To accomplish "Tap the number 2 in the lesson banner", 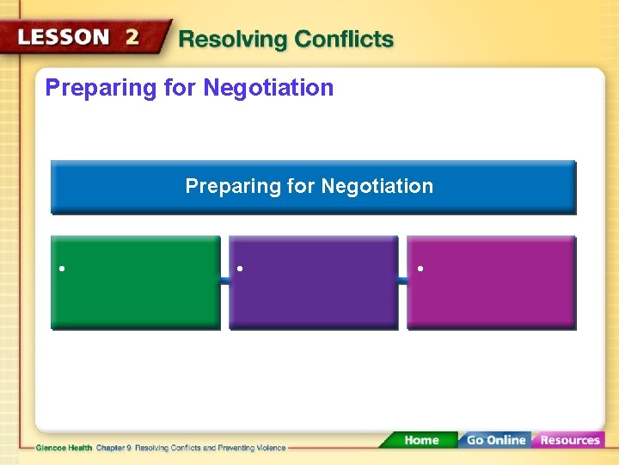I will coord(132,37).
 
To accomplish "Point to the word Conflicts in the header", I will coord(344,40).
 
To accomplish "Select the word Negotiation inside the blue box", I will coord(377,186).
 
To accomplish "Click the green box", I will coord(136,293).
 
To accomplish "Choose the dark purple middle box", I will coord(314,293).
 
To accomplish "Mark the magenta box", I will coord(491,293).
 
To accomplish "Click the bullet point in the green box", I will coord(63,269).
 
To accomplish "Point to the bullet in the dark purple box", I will coord(241,269).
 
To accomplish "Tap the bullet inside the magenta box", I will coord(419,269).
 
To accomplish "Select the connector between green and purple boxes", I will coord(224,282).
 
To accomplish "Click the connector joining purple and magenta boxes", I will coord(402,282).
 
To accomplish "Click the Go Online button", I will coord(495,440).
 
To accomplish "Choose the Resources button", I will coord(568,440).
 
